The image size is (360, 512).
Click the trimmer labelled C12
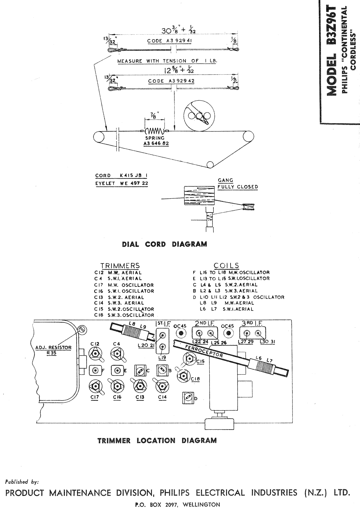tap(95, 354)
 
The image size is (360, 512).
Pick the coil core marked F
tap(95, 370)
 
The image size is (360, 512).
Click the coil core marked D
tap(188, 398)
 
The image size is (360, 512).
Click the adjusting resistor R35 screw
tap(82, 330)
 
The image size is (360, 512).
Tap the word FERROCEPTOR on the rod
tap(204, 351)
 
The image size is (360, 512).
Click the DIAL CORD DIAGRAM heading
tap(165, 244)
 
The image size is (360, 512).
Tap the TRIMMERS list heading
tap(120, 266)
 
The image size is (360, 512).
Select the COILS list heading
tap(226, 265)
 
